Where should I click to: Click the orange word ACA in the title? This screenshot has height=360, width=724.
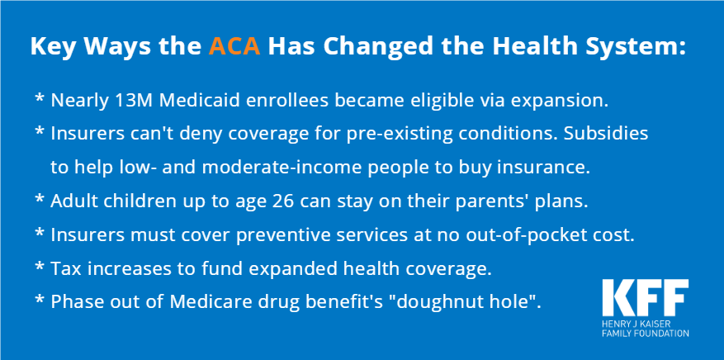coord(234,46)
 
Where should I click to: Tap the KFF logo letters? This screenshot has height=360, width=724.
coord(645,298)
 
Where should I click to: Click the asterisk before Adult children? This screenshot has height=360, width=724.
coord(40,200)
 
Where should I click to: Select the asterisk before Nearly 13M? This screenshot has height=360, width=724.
coord(40,99)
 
